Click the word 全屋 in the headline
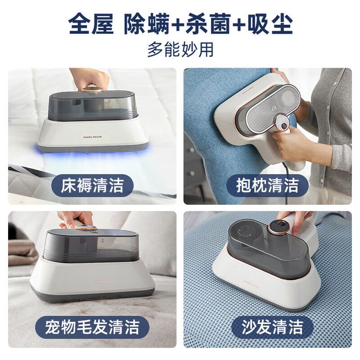pos(91,24)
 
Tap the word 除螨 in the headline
pos(147,24)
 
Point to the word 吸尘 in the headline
pos(270,24)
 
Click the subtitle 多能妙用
pos(181,49)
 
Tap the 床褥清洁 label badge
pos(92,185)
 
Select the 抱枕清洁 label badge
pos(268,185)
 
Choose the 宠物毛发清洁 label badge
pos(92,327)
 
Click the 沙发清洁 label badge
pos(272,327)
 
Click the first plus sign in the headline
pos(178,25)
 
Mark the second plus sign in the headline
pos(240,25)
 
